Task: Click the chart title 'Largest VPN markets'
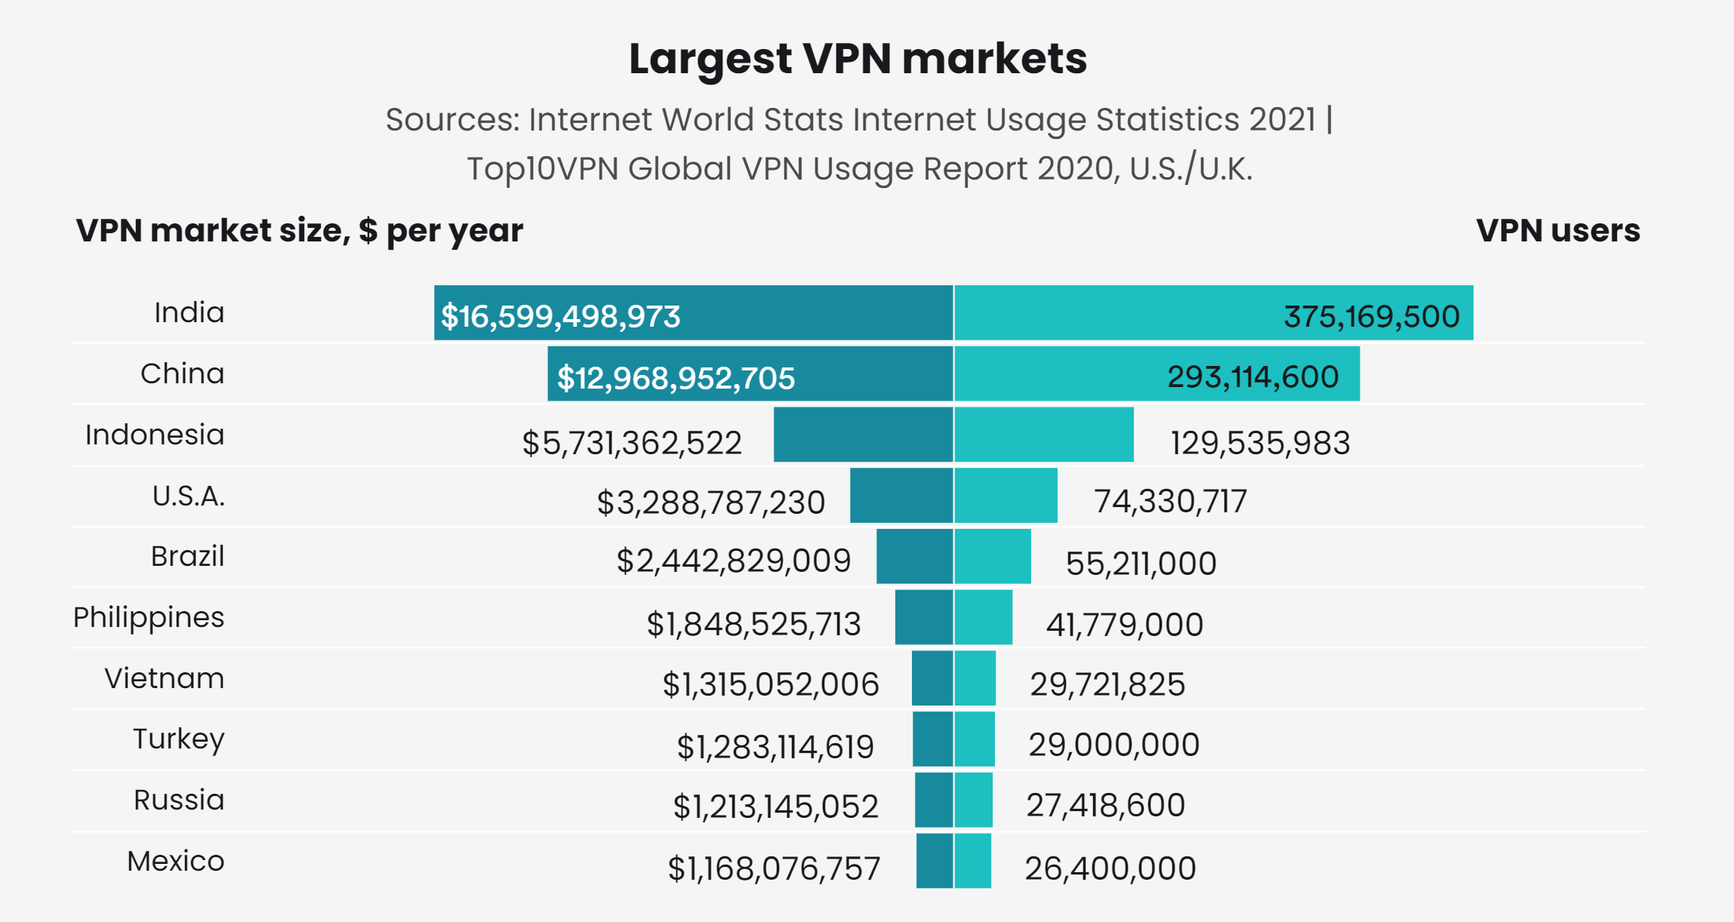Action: [x=858, y=59]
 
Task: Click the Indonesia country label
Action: [x=155, y=435]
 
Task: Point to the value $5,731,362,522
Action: [x=632, y=443]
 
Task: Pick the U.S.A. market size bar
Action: [x=901, y=495]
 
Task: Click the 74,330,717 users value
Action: [x=1170, y=502]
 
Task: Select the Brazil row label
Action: [x=187, y=557]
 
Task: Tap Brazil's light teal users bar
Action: [x=993, y=556]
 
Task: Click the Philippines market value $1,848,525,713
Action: [x=753, y=625]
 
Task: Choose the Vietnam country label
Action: [x=164, y=679]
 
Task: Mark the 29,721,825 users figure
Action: [x=1107, y=685]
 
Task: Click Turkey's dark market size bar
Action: [x=933, y=739]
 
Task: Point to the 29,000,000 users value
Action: [x=1113, y=745]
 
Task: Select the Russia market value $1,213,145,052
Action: [x=775, y=807]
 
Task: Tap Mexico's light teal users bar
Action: [x=973, y=861]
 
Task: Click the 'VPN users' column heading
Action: [x=1557, y=231]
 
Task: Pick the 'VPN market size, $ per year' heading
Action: [x=299, y=231]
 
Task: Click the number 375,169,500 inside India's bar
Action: [x=1372, y=317]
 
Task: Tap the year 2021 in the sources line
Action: [x=1282, y=120]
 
